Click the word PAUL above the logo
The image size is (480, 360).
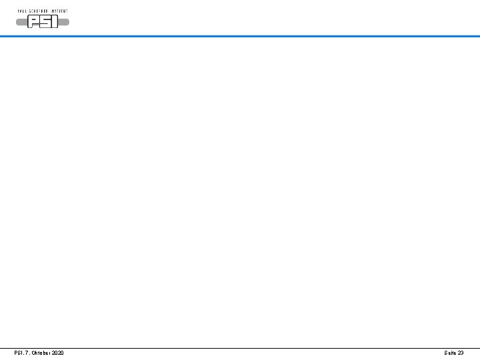22,11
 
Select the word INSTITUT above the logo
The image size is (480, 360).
61,11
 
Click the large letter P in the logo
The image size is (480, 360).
34,22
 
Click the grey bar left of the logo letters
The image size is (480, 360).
23,22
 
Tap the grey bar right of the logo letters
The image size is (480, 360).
64,22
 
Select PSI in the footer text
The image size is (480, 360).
19,353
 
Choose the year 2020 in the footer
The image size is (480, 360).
58,353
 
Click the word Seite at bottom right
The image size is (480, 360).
450,353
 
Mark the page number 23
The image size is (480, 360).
461,353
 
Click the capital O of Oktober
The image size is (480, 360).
33,353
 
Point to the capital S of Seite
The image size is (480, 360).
445,353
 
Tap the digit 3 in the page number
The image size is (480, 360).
462,353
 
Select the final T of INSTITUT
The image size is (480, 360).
67,11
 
